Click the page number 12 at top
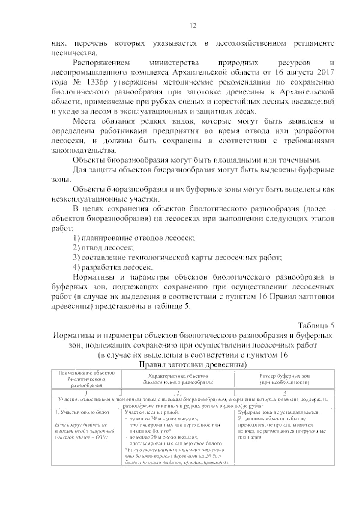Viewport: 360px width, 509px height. [193, 26]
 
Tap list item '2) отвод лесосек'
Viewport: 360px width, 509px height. [103, 248]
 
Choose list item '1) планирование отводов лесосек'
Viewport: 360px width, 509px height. [134, 238]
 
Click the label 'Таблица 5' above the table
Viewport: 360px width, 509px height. [316, 325]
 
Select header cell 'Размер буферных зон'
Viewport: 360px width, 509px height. [284, 376]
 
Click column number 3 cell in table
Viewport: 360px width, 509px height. [284, 393]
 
